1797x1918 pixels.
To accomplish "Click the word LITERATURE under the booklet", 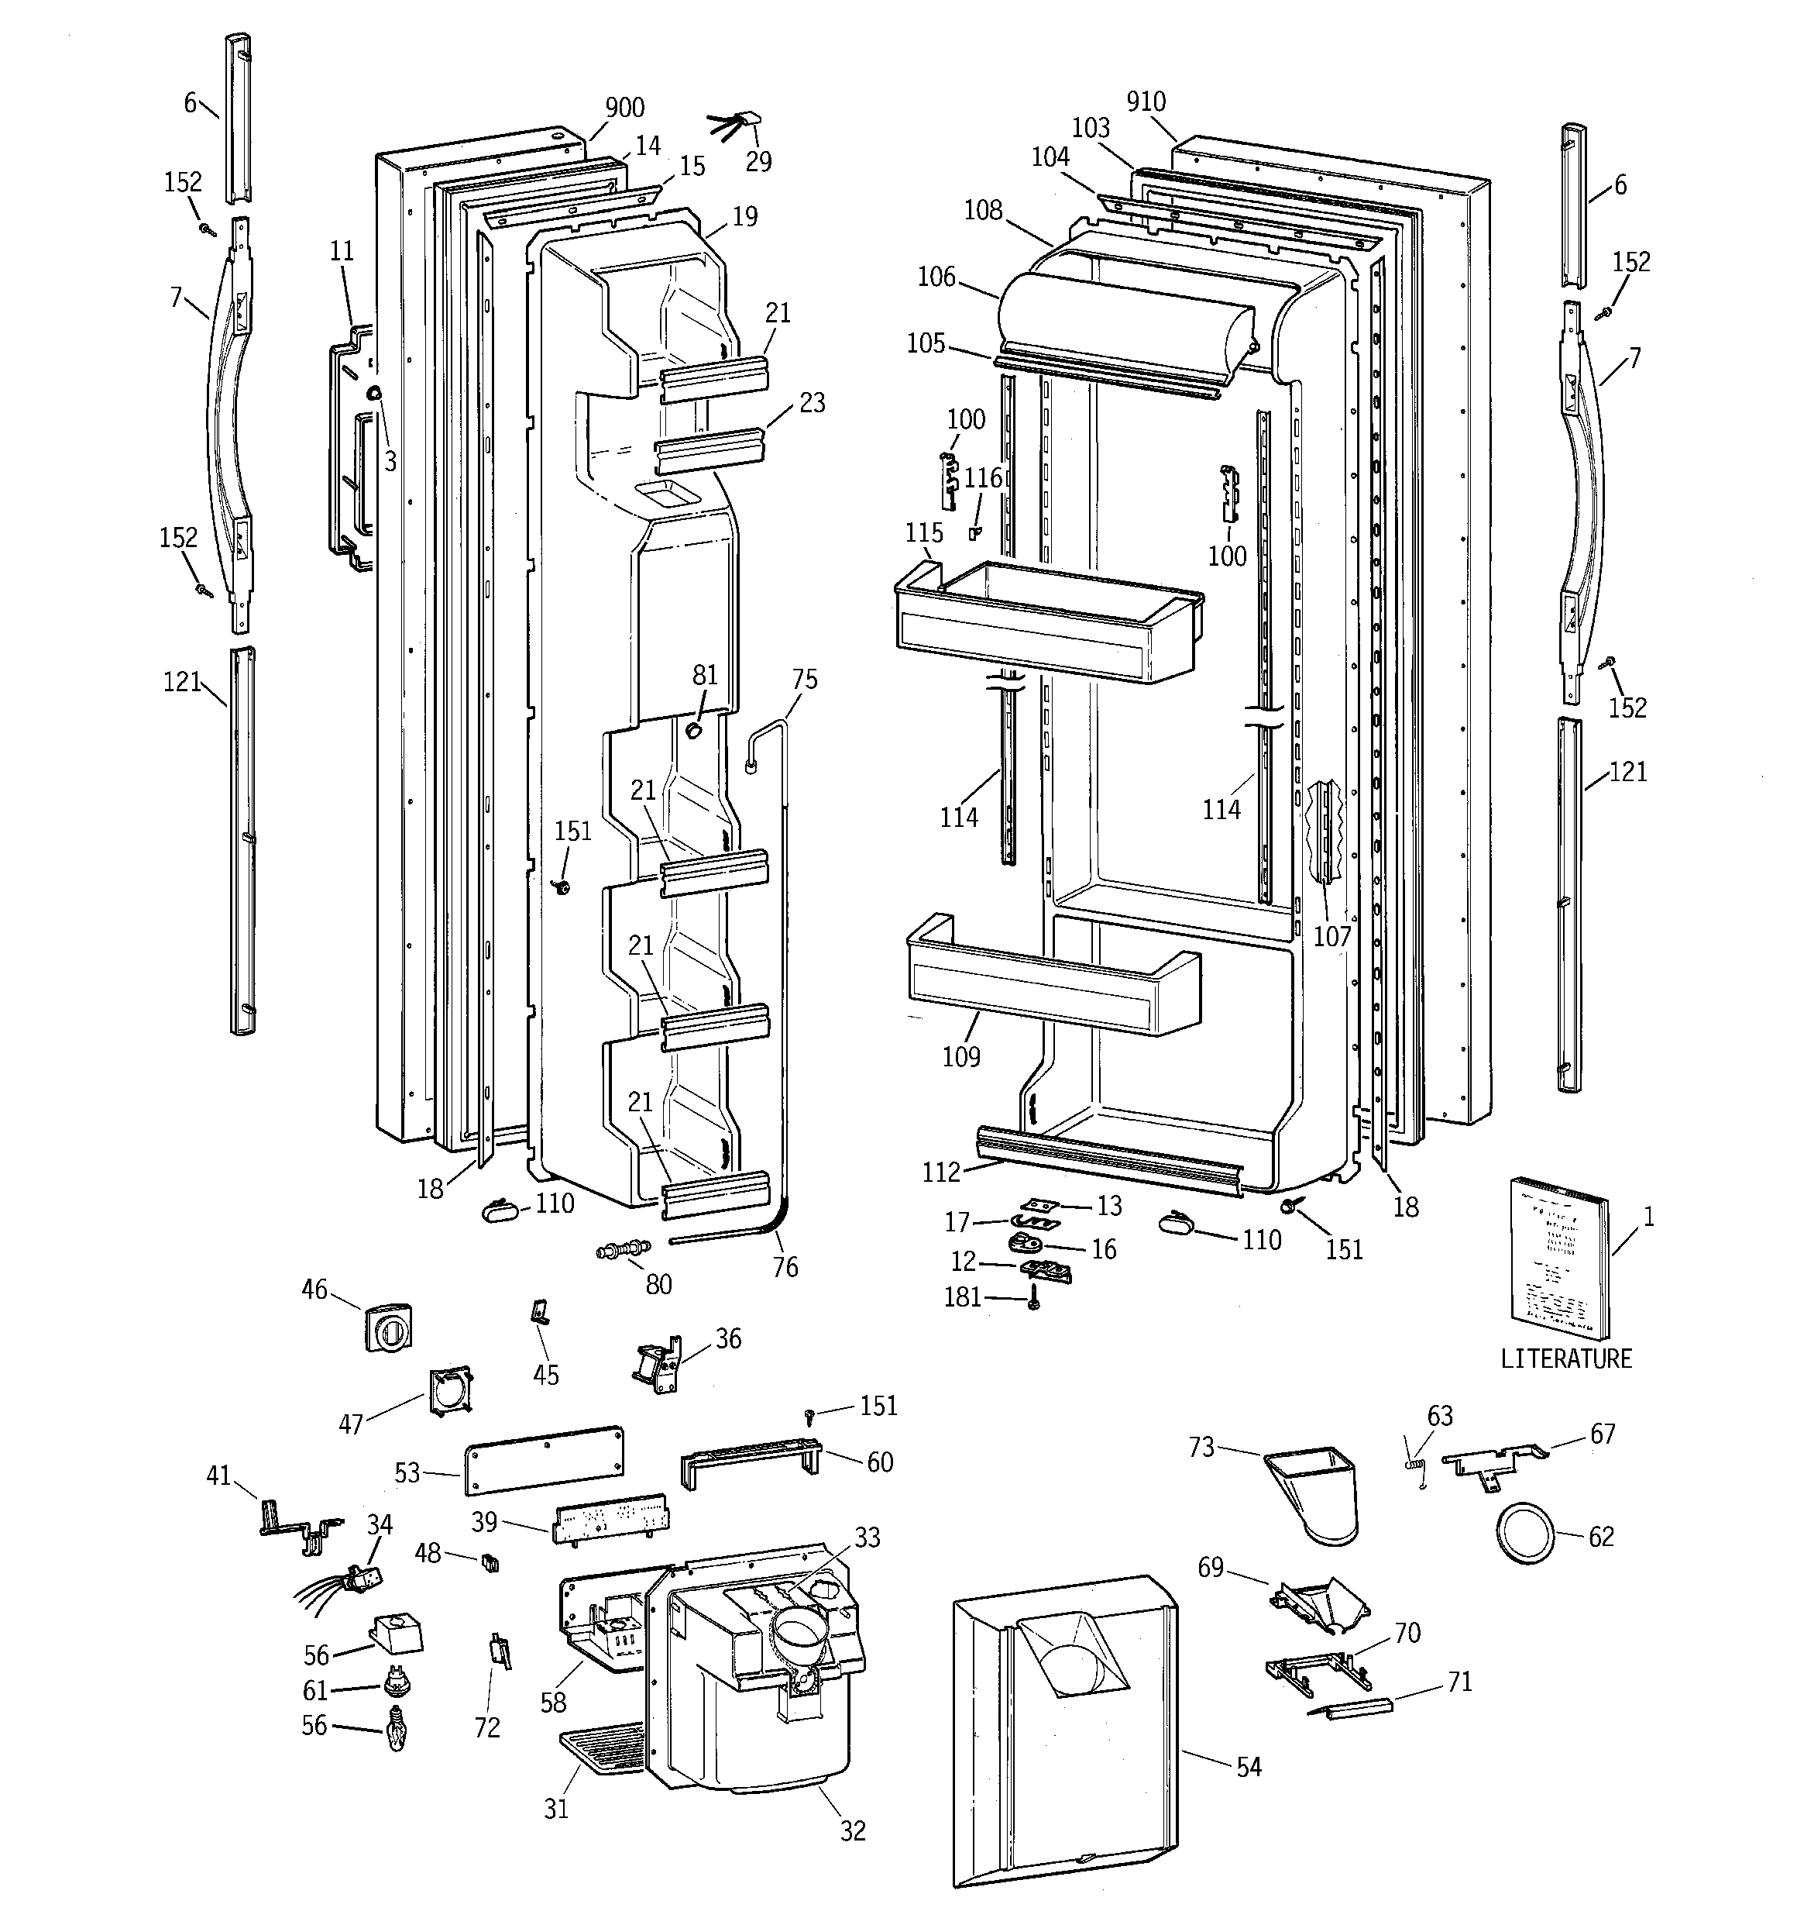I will [x=1565, y=1358].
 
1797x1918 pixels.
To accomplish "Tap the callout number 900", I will [x=624, y=108].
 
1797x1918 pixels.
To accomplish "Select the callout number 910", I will [x=1146, y=102].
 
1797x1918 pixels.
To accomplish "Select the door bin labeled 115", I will [x=1046, y=619].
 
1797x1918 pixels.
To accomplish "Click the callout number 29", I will [x=758, y=162].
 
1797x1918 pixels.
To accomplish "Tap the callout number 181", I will [x=962, y=1296].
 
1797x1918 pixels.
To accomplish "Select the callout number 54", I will [x=1248, y=1767].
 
